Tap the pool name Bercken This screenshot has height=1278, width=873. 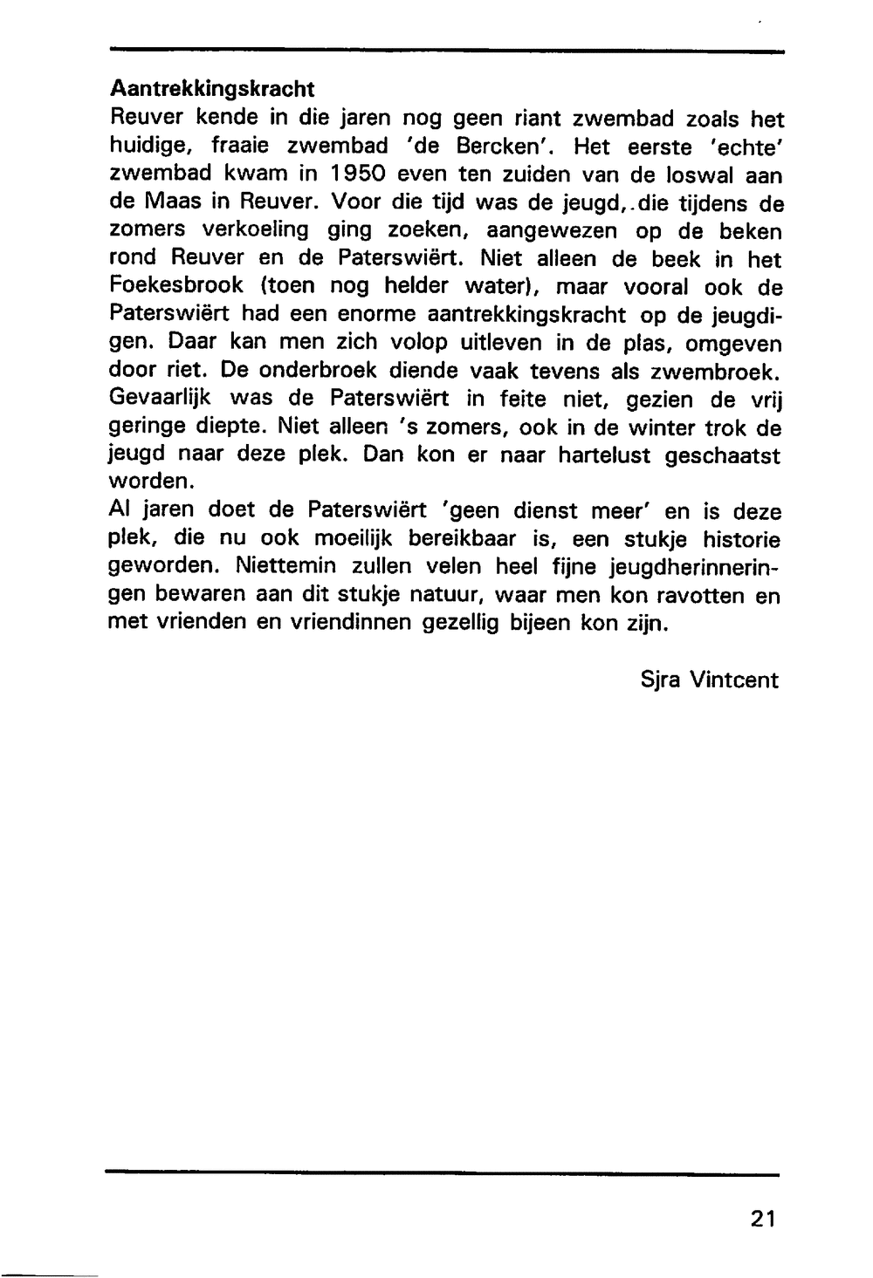click(x=494, y=146)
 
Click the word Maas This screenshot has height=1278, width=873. click(x=171, y=202)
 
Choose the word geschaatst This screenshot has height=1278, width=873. click(x=721, y=456)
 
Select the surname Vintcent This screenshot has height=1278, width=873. click(x=734, y=680)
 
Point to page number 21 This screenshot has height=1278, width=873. click(x=761, y=1219)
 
